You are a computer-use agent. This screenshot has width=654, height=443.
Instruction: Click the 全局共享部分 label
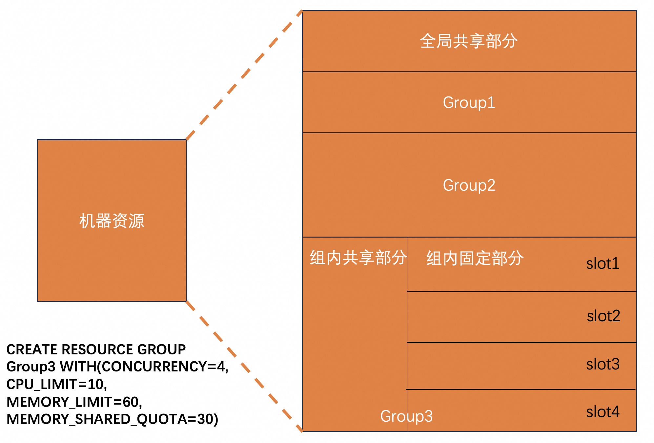tap(469, 41)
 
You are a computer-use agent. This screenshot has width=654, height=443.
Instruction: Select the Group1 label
tap(469, 102)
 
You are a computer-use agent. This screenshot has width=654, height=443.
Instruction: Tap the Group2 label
tap(469, 185)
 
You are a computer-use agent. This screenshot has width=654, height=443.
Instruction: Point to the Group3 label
tap(406, 416)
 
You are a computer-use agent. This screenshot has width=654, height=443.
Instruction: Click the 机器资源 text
tap(112, 221)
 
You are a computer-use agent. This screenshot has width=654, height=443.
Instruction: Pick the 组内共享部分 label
tap(358, 257)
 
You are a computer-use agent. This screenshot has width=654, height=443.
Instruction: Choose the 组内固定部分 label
tap(475, 258)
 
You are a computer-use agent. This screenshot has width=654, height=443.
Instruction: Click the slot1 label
tap(603, 264)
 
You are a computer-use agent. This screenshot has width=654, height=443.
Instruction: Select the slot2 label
tap(603, 316)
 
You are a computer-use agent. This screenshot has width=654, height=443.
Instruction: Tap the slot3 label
tap(603, 364)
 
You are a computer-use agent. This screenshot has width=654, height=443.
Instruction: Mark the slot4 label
tap(603, 412)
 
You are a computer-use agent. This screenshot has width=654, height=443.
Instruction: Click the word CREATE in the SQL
tap(32, 349)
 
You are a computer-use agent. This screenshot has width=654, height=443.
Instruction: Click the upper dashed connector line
tap(244, 75)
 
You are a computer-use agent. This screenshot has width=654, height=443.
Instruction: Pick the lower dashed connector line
tap(244, 366)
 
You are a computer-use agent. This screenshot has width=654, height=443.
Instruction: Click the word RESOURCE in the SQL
tap(97, 349)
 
